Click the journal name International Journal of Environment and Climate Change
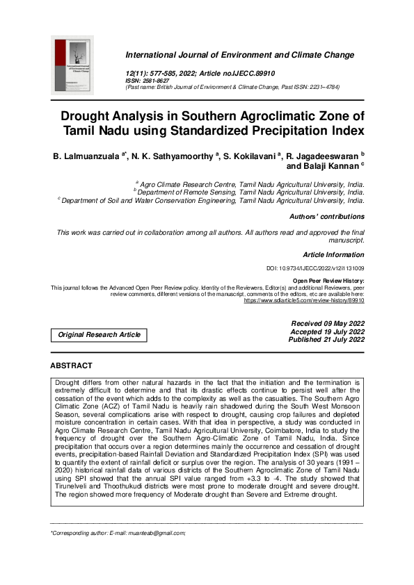tap(239, 55)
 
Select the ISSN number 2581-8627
tap(154, 81)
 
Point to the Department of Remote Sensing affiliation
tap(250, 192)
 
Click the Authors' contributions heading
tap(326, 217)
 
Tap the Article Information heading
tap(333, 255)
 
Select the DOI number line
tap(315, 268)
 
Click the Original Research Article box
tap(99, 335)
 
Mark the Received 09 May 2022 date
tap(326, 323)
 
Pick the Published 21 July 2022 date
tap(326, 340)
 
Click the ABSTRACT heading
tap(71, 365)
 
